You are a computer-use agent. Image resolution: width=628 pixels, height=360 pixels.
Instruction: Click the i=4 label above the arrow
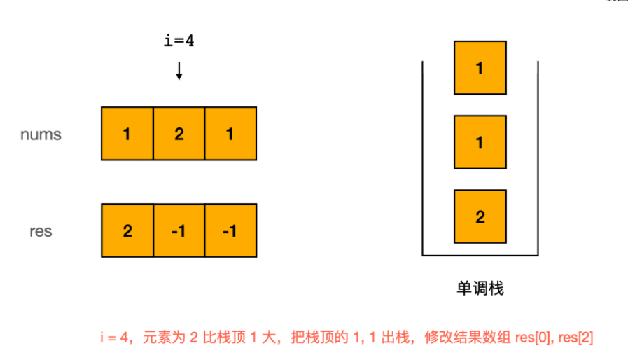[x=179, y=41]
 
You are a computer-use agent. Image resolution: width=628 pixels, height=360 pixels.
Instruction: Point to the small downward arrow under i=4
[x=179, y=71]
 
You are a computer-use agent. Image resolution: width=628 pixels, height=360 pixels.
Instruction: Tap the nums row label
[x=40, y=134]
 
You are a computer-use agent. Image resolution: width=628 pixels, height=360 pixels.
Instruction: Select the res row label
[x=41, y=230]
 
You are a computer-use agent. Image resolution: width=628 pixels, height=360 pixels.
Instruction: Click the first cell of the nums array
[x=127, y=134]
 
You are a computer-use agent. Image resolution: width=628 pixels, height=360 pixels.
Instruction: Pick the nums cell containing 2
[x=179, y=134]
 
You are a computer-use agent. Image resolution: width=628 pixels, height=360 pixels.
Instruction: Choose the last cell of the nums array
[x=230, y=134]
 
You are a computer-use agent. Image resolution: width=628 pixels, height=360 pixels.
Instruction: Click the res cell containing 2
[x=127, y=230]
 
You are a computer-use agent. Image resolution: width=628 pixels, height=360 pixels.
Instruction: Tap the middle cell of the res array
[x=179, y=230]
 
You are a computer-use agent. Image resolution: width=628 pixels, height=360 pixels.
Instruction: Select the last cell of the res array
[x=230, y=230]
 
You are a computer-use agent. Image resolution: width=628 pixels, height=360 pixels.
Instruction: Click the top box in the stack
[x=480, y=68]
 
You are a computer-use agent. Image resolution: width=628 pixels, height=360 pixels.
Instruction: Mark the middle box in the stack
[x=480, y=142]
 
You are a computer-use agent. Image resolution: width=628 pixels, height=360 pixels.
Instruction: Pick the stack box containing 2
[x=480, y=216]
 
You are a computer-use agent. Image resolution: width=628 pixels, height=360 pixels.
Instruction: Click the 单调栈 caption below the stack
[x=480, y=288]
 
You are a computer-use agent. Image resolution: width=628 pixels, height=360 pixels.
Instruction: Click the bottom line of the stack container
[x=480, y=255]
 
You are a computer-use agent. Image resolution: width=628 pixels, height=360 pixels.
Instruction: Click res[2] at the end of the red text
[x=575, y=338]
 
